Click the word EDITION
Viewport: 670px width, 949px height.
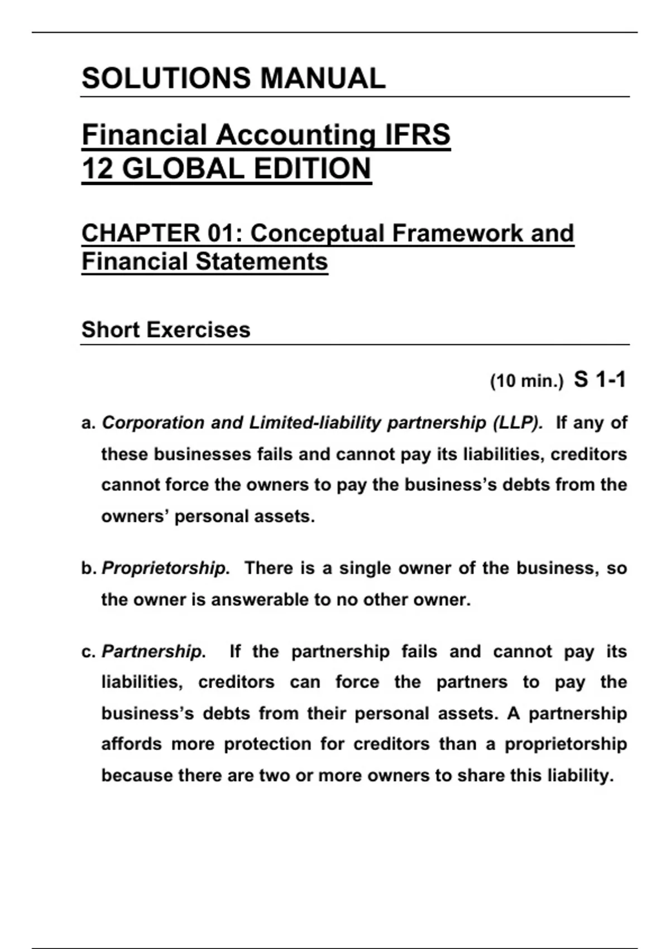[313, 169]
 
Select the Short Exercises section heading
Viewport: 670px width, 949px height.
[166, 330]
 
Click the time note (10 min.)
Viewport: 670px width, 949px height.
[527, 381]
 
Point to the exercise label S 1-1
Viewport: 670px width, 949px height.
[600, 380]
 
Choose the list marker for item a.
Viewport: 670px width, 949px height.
[88, 423]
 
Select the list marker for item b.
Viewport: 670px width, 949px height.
[89, 568]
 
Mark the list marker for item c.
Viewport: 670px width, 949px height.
[88, 652]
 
